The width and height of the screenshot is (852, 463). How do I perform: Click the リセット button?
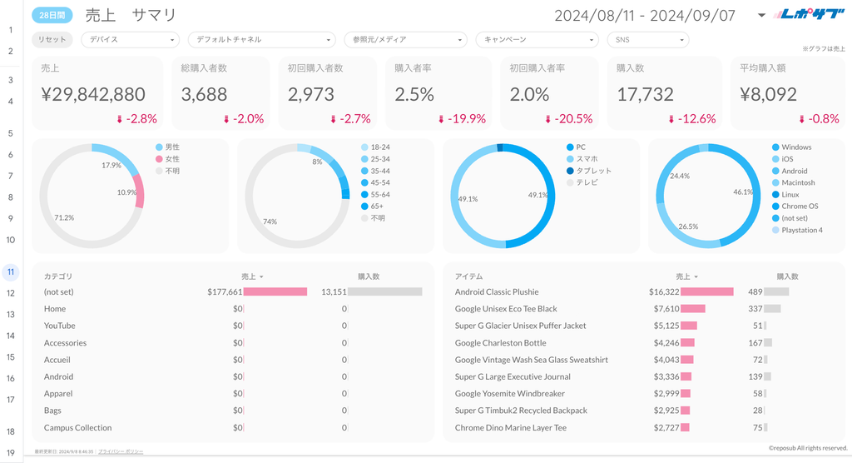click(52, 39)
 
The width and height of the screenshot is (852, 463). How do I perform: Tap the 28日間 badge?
click(52, 14)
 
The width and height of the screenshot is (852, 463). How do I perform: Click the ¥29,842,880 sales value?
click(92, 95)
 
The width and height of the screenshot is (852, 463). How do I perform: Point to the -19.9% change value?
click(467, 119)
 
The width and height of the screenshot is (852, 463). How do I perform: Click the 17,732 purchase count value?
click(645, 95)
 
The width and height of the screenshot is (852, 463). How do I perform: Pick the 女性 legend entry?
click(172, 159)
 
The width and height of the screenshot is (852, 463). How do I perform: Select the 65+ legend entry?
click(377, 206)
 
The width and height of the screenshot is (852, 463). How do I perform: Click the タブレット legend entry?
click(593, 171)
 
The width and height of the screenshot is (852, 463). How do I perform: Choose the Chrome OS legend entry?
click(800, 207)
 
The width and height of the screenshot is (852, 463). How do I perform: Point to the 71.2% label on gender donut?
click(63, 217)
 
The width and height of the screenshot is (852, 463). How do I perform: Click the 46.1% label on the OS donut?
click(742, 192)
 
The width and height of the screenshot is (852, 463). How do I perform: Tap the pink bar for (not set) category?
click(275, 292)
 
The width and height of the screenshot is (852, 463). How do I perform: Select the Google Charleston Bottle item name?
click(500, 343)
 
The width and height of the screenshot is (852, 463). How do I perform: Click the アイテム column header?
click(468, 276)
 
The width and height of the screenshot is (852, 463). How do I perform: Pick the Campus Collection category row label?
click(77, 428)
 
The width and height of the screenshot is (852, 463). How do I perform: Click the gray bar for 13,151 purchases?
click(384, 292)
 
